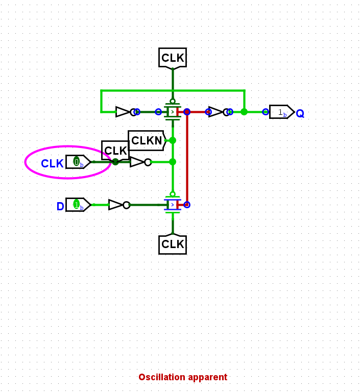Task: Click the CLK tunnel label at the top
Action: [x=173, y=58]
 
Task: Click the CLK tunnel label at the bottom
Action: [x=173, y=244]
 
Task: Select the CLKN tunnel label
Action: [x=147, y=140]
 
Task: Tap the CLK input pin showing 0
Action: [x=78, y=162]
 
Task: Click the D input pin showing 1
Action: [x=78, y=205]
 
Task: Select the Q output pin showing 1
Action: [x=281, y=112]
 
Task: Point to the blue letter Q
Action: [x=300, y=113]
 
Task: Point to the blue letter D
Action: [x=60, y=206]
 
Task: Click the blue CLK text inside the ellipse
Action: [x=52, y=163]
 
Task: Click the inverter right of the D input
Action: [x=118, y=205]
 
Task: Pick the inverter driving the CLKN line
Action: [x=139, y=162]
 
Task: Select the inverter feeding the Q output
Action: [x=218, y=112]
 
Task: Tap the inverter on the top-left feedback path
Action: [x=125, y=112]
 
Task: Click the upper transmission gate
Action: [x=173, y=112]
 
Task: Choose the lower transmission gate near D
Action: [x=173, y=205]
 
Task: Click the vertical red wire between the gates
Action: [x=187, y=158]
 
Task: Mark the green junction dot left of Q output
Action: [x=244, y=112]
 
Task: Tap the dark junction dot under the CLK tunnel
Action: [x=115, y=162]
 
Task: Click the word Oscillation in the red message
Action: [x=162, y=377]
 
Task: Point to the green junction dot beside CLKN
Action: [x=173, y=140]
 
